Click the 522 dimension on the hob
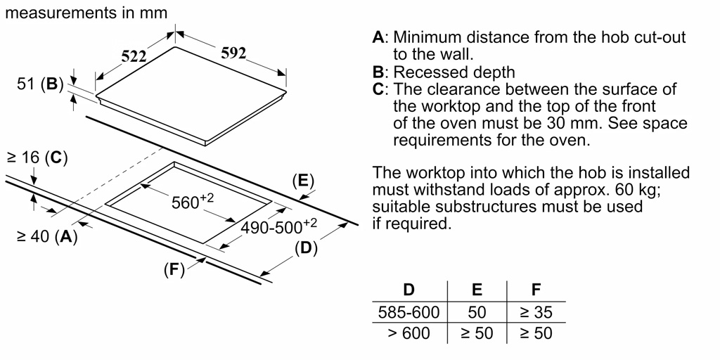point(134,57)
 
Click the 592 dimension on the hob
point(233,53)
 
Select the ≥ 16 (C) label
point(37,158)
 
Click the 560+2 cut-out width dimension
point(192,202)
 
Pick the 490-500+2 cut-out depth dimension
point(279,226)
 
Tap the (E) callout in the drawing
point(303,181)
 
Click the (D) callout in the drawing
point(306,247)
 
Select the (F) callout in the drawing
point(174,269)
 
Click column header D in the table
point(409,289)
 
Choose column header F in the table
point(536,289)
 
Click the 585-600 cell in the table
point(409,311)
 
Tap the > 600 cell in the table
point(409,333)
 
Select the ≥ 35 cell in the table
point(536,311)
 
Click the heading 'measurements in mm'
point(86,13)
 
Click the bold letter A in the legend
point(378,37)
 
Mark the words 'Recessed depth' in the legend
point(454,72)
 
